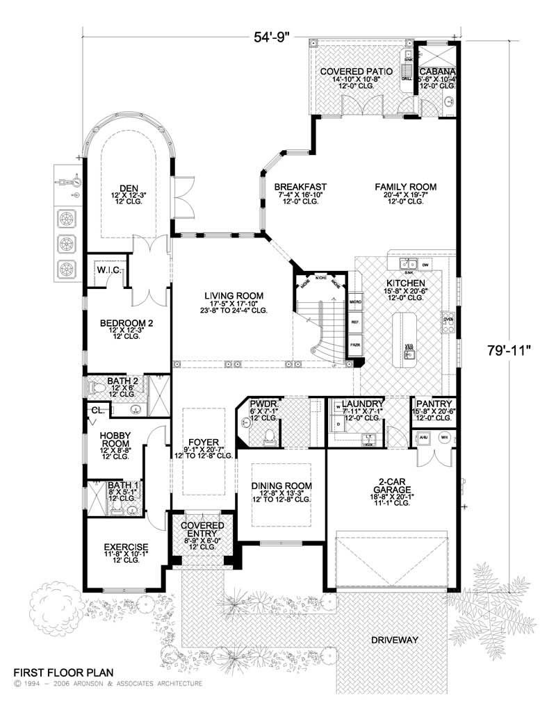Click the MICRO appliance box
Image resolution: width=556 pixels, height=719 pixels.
[356, 302]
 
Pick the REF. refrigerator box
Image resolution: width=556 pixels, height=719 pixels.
[356, 323]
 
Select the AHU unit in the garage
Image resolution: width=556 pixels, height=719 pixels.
[423, 438]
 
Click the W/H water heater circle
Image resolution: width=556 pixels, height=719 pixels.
[444, 438]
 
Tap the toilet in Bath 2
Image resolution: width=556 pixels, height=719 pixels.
[96, 388]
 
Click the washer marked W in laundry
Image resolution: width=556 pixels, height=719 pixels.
[337, 405]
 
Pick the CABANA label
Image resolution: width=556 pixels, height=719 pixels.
[438, 72]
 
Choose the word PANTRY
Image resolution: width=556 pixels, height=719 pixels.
[434, 404]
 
